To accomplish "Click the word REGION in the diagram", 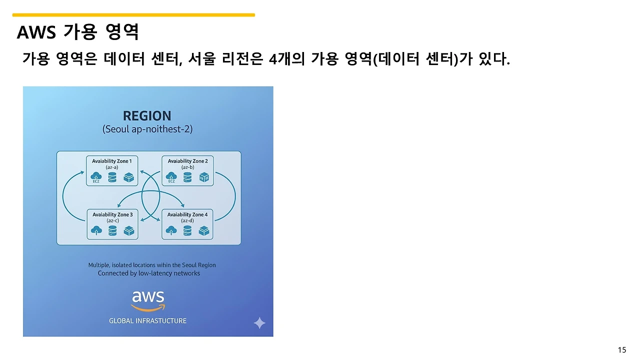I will point(147,116).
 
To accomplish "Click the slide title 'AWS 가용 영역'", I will point(77,32).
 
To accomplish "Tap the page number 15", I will point(622,350).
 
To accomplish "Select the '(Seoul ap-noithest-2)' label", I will point(147,129).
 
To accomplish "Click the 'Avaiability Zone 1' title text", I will point(112,161).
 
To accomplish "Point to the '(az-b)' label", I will point(187,167).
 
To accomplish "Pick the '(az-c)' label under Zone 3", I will point(112,220).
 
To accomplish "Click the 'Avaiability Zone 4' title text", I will point(187,214).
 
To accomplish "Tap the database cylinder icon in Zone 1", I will point(112,177).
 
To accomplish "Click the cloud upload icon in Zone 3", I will point(96,230).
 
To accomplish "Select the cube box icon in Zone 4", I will point(203,230).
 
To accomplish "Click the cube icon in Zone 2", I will point(204,177).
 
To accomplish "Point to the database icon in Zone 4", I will point(187,230).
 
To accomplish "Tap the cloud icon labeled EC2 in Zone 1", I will point(96,176).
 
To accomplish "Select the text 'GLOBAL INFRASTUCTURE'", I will point(147,321).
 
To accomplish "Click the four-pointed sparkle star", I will point(259,323).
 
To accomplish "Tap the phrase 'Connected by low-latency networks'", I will point(148,273).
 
